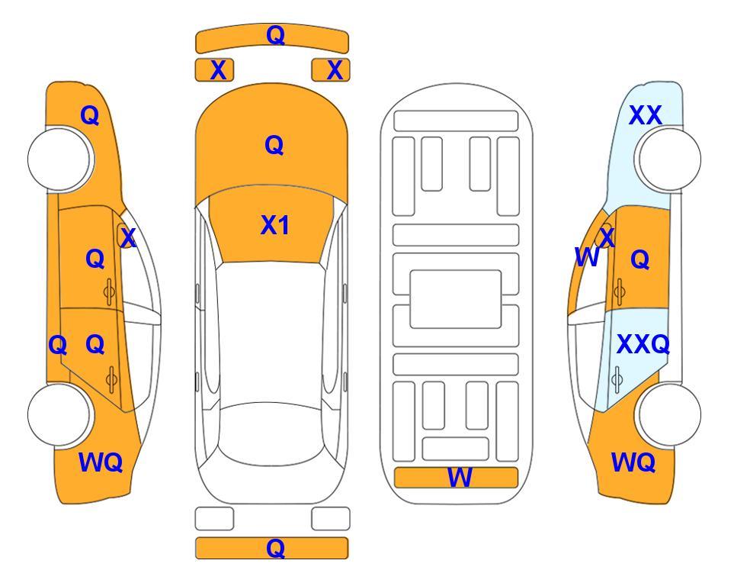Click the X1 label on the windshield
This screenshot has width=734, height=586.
point(275,225)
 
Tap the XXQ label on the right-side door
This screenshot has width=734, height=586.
point(643,345)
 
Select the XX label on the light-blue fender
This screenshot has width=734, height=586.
point(645,115)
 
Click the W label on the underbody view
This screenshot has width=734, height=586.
point(460,478)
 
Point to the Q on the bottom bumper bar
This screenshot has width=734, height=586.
point(275,548)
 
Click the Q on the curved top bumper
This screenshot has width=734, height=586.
point(275,35)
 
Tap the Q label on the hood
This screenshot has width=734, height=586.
point(274,145)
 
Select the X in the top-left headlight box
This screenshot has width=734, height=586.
point(218,70)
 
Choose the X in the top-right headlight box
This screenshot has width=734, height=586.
point(335,70)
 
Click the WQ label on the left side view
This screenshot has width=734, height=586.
point(101,462)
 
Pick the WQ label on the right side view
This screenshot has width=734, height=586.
point(633,462)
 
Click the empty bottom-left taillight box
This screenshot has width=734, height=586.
point(214,519)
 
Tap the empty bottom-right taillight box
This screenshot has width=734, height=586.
point(331,519)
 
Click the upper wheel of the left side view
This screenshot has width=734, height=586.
point(60,159)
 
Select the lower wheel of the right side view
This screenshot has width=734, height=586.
point(668,414)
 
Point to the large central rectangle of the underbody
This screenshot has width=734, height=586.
point(456,299)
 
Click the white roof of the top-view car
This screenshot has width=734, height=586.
point(271,333)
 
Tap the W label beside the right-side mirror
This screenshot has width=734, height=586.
point(587,257)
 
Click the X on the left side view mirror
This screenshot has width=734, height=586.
point(127,237)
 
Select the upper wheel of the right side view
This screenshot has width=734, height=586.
point(668,159)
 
